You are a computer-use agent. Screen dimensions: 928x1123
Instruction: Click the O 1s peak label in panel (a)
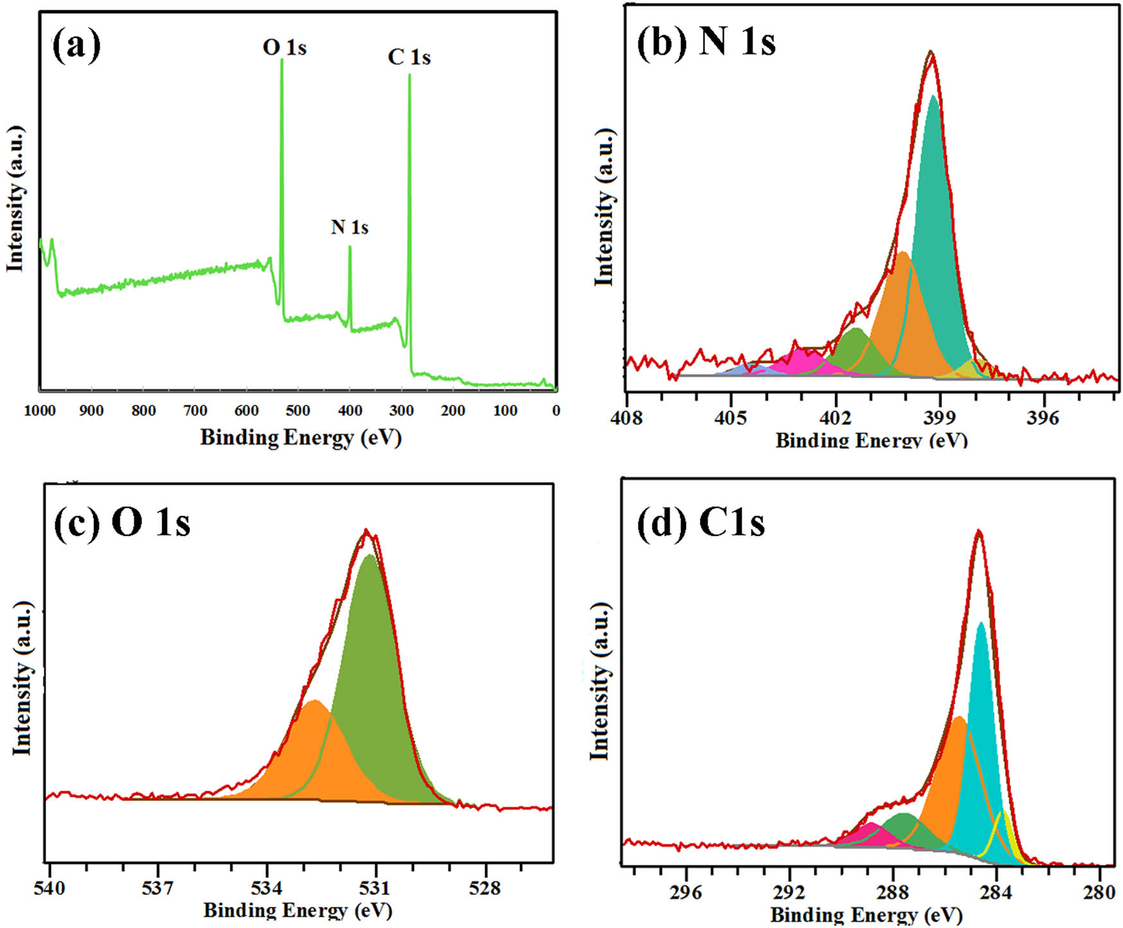[x=284, y=47]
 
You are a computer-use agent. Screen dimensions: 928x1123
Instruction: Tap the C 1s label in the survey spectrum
[x=409, y=58]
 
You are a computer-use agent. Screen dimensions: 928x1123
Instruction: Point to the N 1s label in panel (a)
[x=349, y=227]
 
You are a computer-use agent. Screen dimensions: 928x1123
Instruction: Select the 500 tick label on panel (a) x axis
[x=297, y=411]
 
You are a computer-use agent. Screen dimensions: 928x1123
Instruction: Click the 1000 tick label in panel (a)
[x=40, y=411]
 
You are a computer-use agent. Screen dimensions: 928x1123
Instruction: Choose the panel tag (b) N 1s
[x=706, y=42]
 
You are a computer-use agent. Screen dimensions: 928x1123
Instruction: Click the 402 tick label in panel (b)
[x=835, y=418]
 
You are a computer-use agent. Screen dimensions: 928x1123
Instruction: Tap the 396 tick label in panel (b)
[x=1042, y=418]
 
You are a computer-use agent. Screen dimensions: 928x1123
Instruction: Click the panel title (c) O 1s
[x=122, y=522]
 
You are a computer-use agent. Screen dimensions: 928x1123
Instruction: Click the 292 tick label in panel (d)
[x=789, y=893]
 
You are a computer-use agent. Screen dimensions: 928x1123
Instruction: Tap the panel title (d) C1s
[x=701, y=522]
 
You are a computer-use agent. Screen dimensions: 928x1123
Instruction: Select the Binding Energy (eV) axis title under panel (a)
[x=300, y=438]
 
